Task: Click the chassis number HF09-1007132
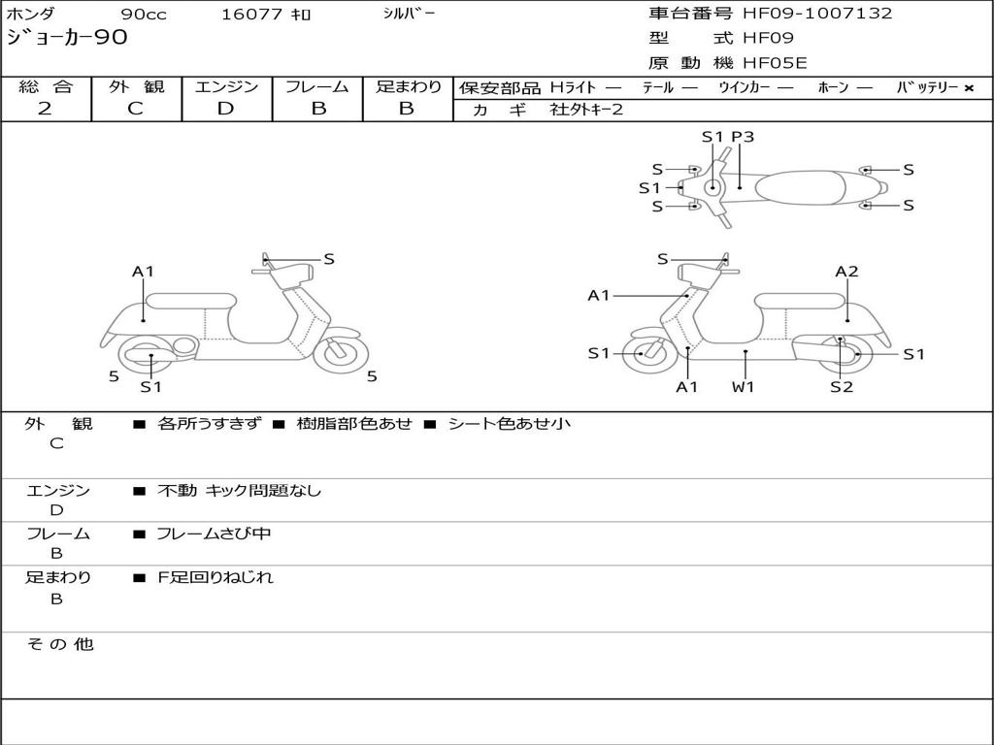click(817, 14)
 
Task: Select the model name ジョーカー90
click(66, 39)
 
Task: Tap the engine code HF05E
click(775, 64)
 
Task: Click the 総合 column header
click(46, 86)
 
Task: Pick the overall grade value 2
click(45, 109)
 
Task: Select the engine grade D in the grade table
click(226, 109)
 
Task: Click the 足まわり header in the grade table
click(408, 86)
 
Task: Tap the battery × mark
click(968, 87)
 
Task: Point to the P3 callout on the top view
click(743, 137)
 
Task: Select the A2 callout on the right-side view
click(846, 272)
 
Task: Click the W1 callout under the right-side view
click(744, 387)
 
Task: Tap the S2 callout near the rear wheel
click(841, 387)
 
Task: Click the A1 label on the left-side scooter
click(143, 272)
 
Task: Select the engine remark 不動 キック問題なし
click(239, 491)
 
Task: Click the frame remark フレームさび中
click(214, 534)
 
